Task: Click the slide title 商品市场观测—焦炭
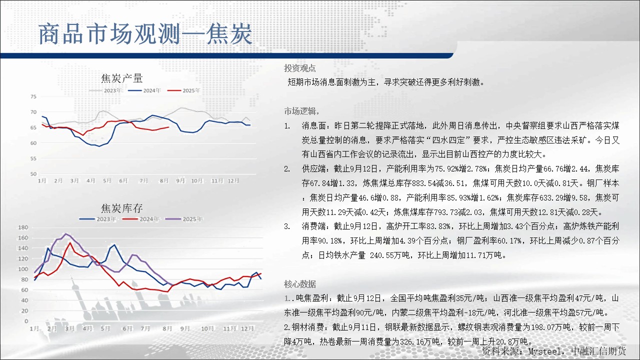click(145, 34)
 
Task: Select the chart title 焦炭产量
click(121, 78)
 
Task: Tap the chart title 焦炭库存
click(121, 208)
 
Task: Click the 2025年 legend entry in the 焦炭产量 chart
click(183, 90)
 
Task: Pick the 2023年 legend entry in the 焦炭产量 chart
click(105, 90)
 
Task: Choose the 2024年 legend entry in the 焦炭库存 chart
click(141, 219)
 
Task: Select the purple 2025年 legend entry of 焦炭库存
click(184, 219)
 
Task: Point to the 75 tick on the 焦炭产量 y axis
click(33, 96)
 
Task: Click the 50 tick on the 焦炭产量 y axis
click(33, 174)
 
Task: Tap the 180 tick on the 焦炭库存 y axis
click(23, 227)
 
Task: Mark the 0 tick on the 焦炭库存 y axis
click(26, 321)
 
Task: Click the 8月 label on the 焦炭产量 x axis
click(164, 180)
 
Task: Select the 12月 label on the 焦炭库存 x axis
click(247, 328)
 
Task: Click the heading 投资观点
click(299, 68)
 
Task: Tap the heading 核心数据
click(299, 284)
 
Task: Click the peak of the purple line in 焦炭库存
click(66, 233)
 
